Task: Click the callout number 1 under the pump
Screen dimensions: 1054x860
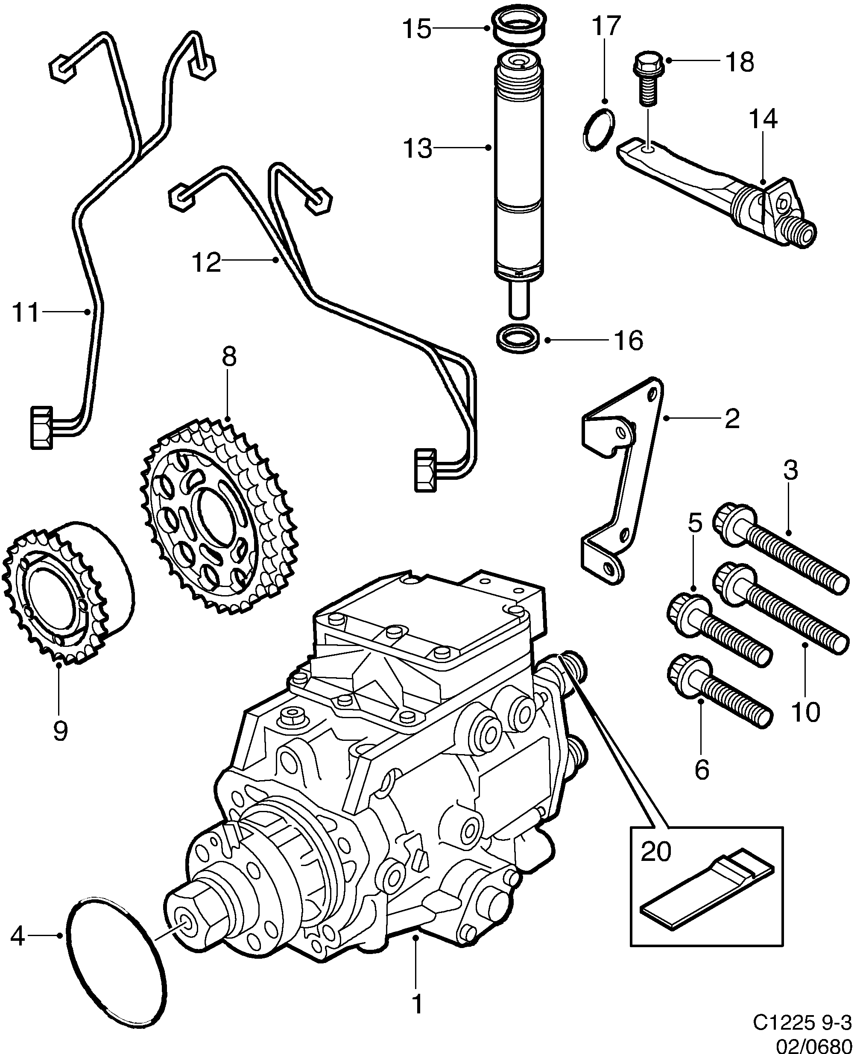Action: (417, 1004)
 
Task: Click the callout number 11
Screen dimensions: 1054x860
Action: (25, 313)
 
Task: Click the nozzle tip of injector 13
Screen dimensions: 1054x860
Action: (519, 301)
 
